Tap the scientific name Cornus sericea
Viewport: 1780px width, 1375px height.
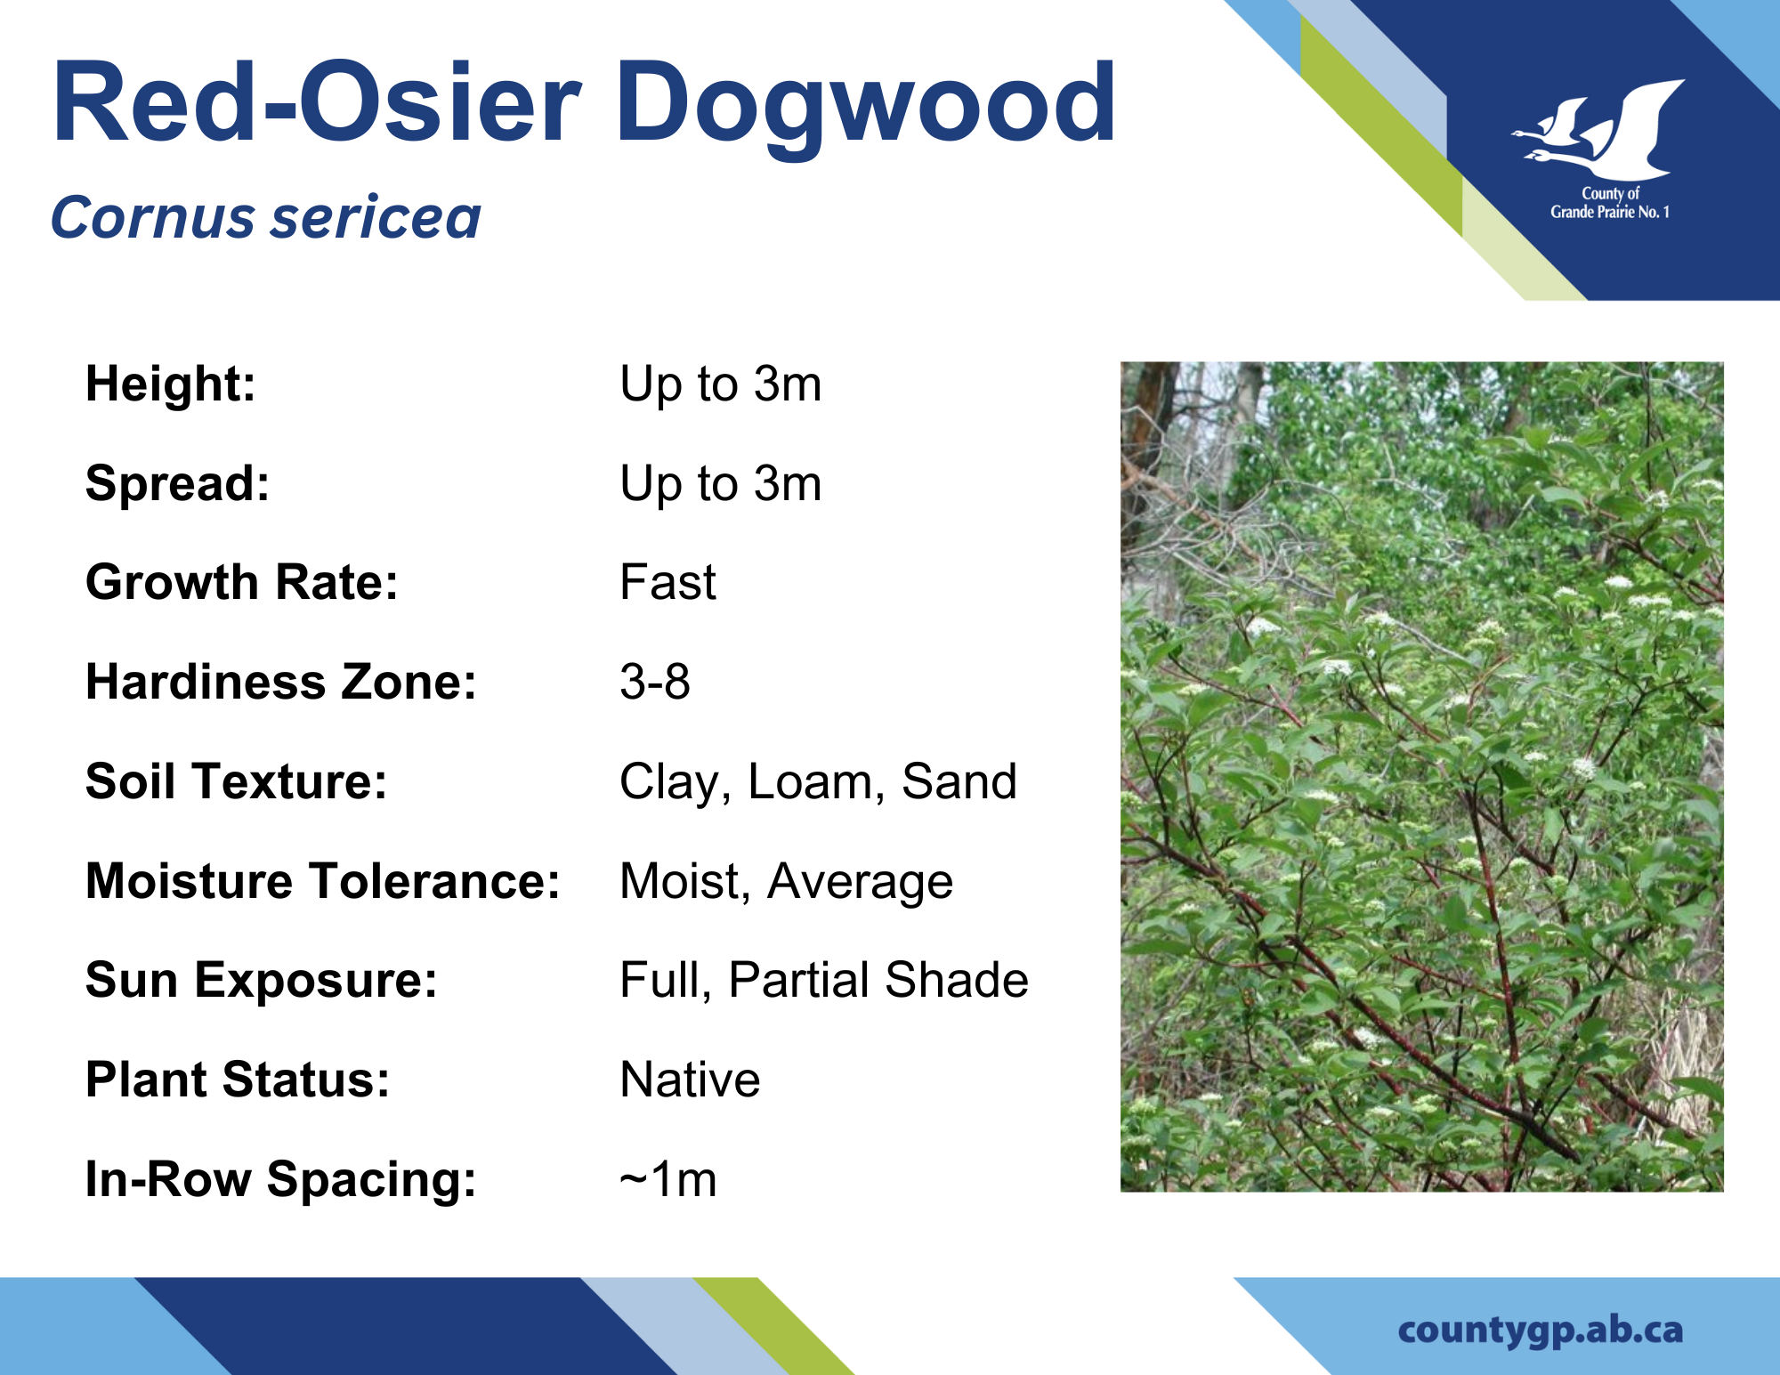coord(265,217)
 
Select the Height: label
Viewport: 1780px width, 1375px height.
coord(170,384)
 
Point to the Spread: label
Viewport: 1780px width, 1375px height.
coord(177,484)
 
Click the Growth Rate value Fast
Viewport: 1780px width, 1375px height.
coord(667,582)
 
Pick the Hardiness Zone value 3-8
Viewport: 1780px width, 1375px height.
coord(655,682)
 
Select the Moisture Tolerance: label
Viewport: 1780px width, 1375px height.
coord(322,881)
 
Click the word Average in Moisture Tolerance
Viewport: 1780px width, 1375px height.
coord(860,883)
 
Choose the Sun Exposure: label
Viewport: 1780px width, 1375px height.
coord(262,981)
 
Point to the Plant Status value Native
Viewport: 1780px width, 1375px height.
coord(690,1080)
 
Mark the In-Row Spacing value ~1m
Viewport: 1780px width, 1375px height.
coord(667,1179)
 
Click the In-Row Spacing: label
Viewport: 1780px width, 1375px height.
coord(281,1180)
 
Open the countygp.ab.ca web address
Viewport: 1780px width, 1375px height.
coord(1541,1331)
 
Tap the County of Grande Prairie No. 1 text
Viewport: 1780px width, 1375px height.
coord(1610,203)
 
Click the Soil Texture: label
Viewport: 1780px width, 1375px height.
coord(236,781)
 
